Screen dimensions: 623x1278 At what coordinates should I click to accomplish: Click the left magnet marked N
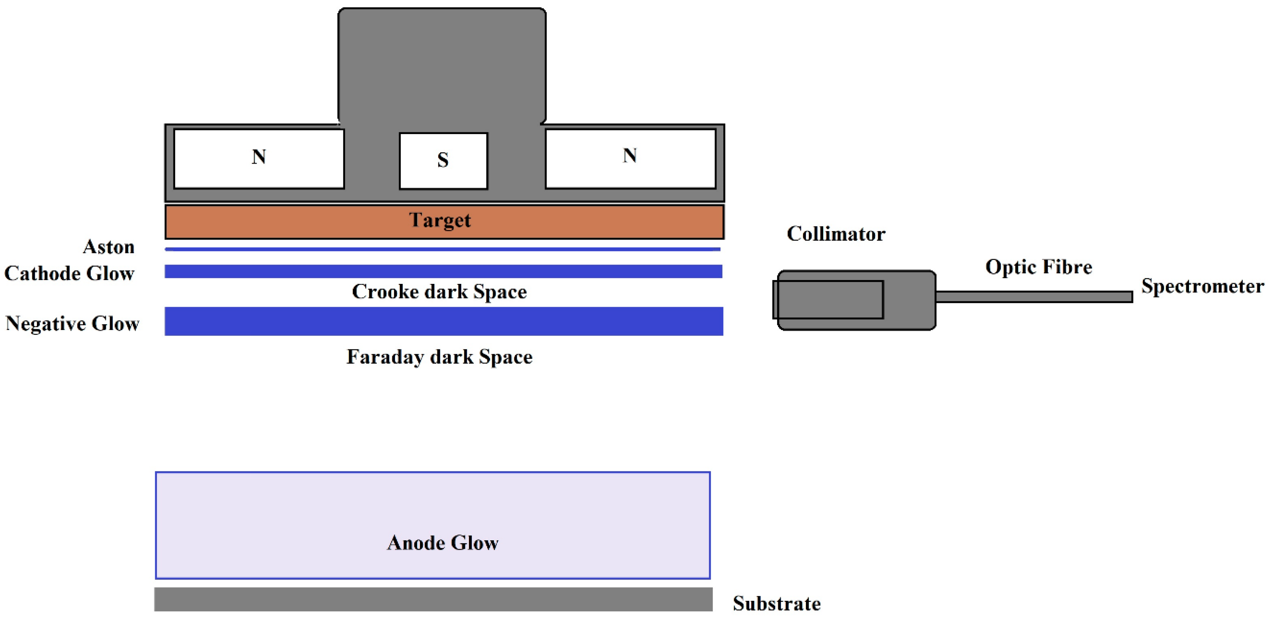259,159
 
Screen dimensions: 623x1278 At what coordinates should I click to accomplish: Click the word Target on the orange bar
440,220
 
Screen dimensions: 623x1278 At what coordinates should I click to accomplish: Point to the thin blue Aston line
441,249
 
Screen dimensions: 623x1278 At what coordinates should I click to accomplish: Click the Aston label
109,247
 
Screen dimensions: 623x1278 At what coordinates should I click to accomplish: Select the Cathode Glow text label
69,273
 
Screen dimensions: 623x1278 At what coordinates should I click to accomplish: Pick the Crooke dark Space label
439,292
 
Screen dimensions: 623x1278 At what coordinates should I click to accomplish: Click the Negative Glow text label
72,323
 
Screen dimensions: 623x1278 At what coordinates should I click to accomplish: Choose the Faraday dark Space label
439,357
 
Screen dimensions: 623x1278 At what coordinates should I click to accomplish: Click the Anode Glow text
443,543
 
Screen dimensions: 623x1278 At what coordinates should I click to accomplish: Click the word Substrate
776,604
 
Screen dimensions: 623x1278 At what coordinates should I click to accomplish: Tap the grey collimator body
856,300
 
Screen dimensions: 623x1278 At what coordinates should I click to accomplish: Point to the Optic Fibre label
1038,267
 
